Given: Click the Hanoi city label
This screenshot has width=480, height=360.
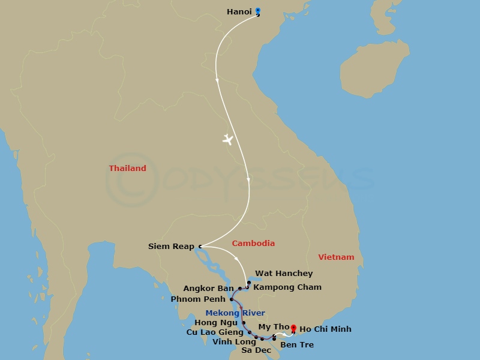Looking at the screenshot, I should click(x=239, y=11).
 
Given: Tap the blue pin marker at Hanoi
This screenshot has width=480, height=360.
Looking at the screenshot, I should click(x=257, y=10).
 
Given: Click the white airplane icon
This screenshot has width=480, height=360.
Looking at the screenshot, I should click(x=227, y=140).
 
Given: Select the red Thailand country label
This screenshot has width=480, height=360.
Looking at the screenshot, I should click(x=127, y=169).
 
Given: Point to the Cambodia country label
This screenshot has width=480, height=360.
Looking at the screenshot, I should click(x=253, y=243).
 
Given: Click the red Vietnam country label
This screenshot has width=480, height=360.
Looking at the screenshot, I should click(x=336, y=257).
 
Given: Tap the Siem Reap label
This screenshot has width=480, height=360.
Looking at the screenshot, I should click(x=171, y=246).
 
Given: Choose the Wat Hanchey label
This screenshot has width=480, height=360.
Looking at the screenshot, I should click(x=284, y=274).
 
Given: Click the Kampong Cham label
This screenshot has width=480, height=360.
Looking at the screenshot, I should click(x=287, y=287).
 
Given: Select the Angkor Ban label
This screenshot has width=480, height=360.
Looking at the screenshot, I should click(x=208, y=289).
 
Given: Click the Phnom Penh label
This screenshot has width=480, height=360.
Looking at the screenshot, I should click(x=198, y=299).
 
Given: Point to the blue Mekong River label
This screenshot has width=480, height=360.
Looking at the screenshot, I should click(x=235, y=313).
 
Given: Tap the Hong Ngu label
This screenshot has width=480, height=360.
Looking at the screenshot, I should click(x=220, y=322).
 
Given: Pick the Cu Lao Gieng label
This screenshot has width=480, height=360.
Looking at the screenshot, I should click(x=215, y=332).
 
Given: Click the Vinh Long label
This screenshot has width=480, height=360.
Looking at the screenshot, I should click(x=234, y=342).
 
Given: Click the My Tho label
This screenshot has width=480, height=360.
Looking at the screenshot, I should click(x=274, y=326).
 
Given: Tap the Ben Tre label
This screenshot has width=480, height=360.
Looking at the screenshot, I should click(x=296, y=344).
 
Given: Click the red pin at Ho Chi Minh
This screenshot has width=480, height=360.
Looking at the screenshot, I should click(x=293, y=328).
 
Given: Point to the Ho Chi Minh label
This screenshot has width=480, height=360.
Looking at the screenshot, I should click(x=325, y=329).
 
